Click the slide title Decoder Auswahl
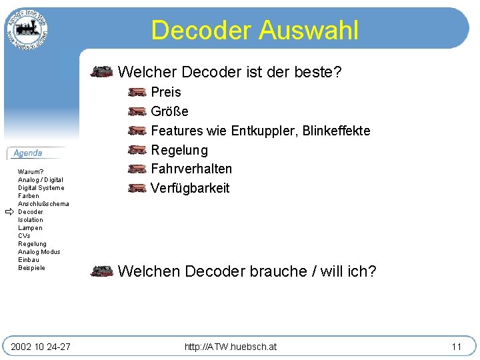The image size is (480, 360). pyautogui.click(x=255, y=30)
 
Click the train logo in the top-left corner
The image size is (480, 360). pyautogui.click(x=27, y=29)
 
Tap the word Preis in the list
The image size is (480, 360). pyautogui.click(x=166, y=92)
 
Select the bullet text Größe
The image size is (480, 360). pyautogui.click(x=169, y=111)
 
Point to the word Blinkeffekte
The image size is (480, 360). pyautogui.click(x=336, y=131)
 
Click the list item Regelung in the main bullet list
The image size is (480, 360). pyautogui.click(x=179, y=150)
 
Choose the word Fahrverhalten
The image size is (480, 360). pyautogui.click(x=191, y=169)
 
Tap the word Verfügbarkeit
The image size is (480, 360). pyautogui.click(x=190, y=188)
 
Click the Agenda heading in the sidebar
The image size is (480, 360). pyautogui.click(x=28, y=153)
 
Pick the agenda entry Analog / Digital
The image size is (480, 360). pyautogui.click(x=41, y=180)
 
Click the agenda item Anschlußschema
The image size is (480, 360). pyautogui.click(x=43, y=204)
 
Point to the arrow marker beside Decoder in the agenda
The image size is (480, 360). pyautogui.click(x=9, y=212)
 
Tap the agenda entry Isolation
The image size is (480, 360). pyautogui.click(x=30, y=220)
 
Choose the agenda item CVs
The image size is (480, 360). pyautogui.click(x=24, y=236)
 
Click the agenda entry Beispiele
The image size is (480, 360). pyautogui.click(x=31, y=268)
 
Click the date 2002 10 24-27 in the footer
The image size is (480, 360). pyautogui.click(x=41, y=347)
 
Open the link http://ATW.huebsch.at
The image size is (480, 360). pyautogui.click(x=231, y=347)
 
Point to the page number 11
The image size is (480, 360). pyautogui.click(x=456, y=347)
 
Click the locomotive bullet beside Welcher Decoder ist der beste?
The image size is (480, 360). pyautogui.click(x=102, y=71)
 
